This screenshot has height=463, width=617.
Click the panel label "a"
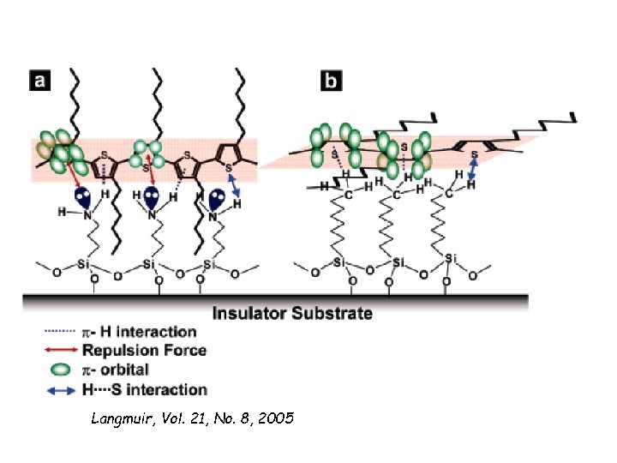[x=40, y=81]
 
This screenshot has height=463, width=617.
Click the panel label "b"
[x=330, y=81]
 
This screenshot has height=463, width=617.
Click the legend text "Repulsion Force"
[x=144, y=350]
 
